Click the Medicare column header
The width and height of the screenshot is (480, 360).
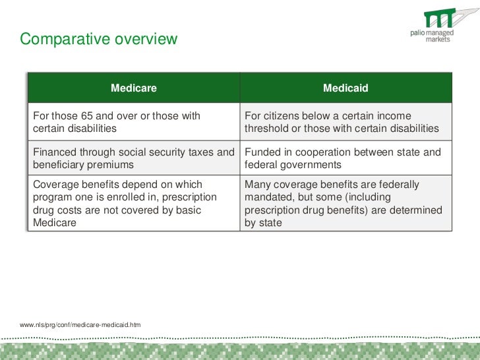pyautogui.click(x=133, y=88)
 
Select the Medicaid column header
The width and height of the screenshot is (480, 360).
pyautogui.click(x=345, y=88)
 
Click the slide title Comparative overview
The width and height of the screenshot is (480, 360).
pyautogui.click(x=98, y=39)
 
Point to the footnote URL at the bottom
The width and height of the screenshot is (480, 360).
pyautogui.click(x=80, y=325)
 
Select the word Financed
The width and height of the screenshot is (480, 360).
pyautogui.click(x=57, y=152)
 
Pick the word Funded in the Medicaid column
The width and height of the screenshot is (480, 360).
pyautogui.click(x=262, y=152)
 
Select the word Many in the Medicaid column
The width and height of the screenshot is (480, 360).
pyautogui.click(x=258, y=185)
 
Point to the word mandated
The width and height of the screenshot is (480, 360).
pyautogui.click(x=268, y=197)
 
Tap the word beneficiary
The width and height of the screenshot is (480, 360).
pyautogui.click(x=59, y=165)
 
